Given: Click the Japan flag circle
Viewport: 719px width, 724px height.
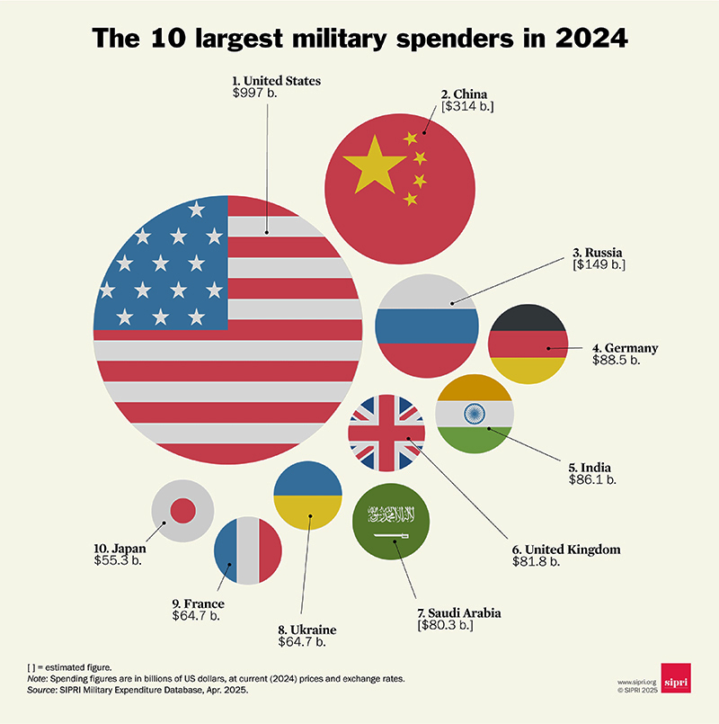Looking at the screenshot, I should pyautogui.click(x=182, y=511).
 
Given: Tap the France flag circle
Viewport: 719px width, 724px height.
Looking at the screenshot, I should pyautogui.click(x=248, y=551).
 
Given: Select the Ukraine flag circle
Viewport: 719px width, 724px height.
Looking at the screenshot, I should pyautogui.click(x=306, y=496).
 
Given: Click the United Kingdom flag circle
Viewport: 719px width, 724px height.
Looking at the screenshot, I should pyautogui.click(x=386, y=432).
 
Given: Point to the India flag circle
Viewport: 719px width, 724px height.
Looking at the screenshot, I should pyautogui.click(x=474, y=413).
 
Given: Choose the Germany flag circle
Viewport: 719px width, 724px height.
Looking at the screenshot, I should pyautogui.click(x=527, y=344).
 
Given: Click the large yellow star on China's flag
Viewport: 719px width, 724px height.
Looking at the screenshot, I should pyautogui.click(x=369, y=166).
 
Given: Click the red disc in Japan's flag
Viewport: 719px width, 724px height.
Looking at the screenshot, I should pyautogui.click(x=182, y=511).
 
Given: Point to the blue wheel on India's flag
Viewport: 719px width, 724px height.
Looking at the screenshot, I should pyautogui.click(x=474, y=413).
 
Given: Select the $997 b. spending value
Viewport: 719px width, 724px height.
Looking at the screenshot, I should pyautogui.click(x=255, y=94).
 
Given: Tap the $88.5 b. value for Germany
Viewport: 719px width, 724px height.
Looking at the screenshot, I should pyautogui.click(x=616, y=360).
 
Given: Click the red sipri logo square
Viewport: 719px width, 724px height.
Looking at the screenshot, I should pyautogui.click(x=675, y=677).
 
